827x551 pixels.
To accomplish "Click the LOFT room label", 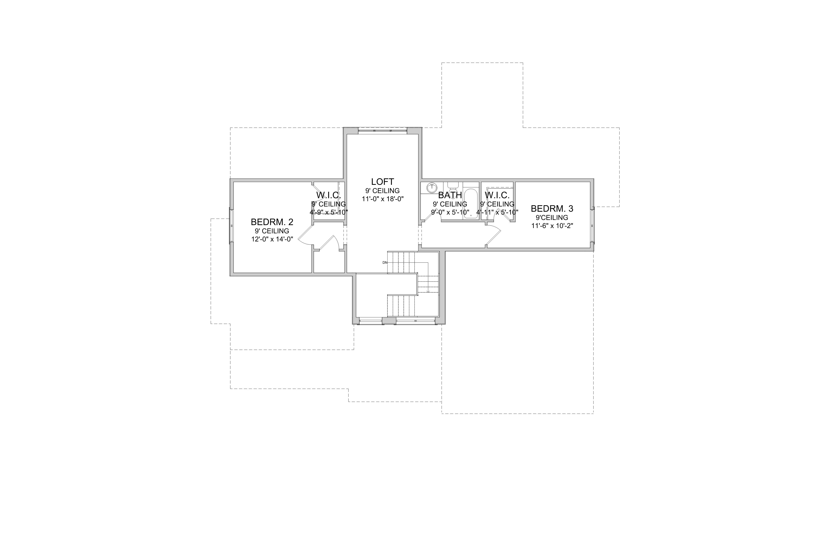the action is (x=382, y=182).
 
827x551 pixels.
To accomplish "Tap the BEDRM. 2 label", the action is (x=272, y=222).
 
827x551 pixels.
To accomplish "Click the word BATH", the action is (x=450, y=195).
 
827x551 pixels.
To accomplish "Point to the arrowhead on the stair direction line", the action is (x=428, y=291).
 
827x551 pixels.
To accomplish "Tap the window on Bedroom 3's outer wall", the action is (x=592, y=225).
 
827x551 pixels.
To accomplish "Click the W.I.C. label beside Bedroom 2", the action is (x=329, y=195).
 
